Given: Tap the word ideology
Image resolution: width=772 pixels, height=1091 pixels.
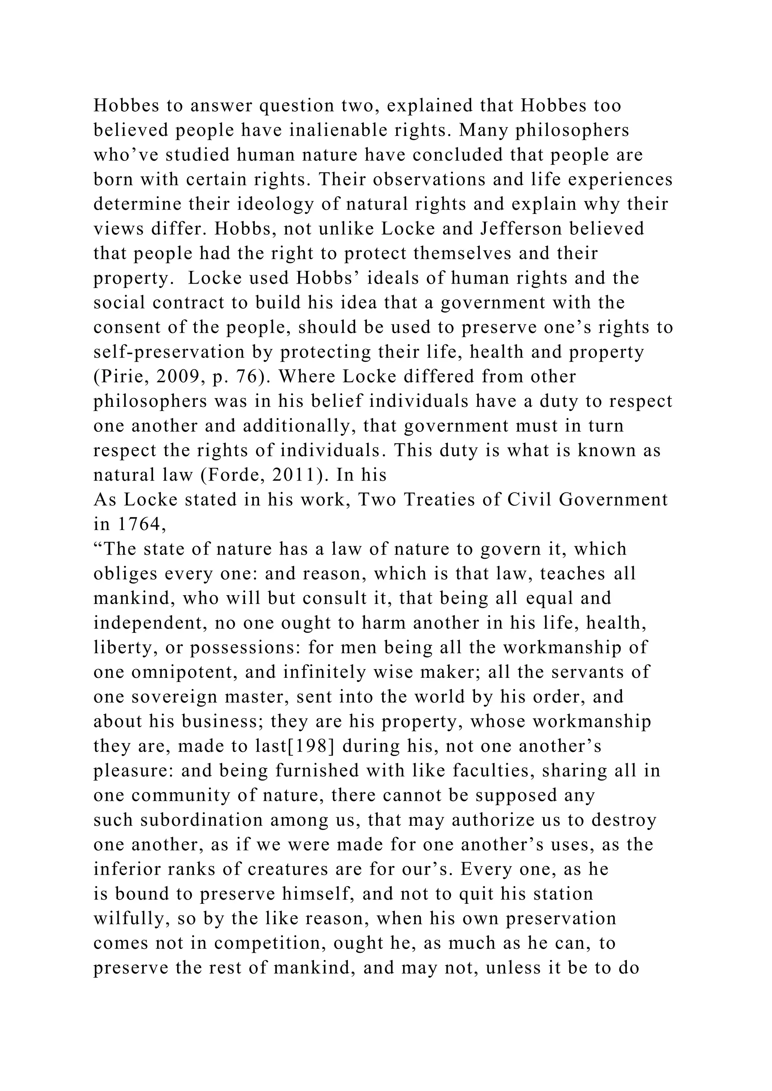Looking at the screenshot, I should [280, 204].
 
